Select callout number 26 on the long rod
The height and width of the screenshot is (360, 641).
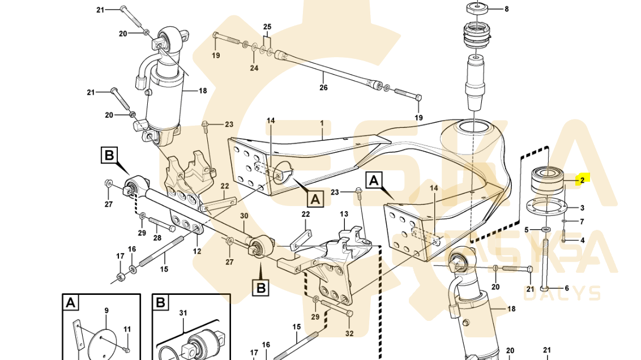[x=323, y=88]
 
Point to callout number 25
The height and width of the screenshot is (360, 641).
[x=267, y=27]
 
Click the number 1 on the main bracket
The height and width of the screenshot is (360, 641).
[x=322, y=123]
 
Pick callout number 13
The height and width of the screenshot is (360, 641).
[x=344, y=214]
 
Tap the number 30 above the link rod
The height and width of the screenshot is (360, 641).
[x=244, y=216]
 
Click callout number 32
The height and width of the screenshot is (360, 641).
[x=349, y=333]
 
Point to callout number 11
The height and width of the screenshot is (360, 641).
[x=127, y=329]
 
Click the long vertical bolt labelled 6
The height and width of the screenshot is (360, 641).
[x=545, y=266]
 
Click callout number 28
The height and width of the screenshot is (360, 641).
[x=157, y=238]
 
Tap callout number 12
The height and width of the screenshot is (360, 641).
[x=197, y=251]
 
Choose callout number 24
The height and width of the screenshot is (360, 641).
[x=254, y=68]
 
